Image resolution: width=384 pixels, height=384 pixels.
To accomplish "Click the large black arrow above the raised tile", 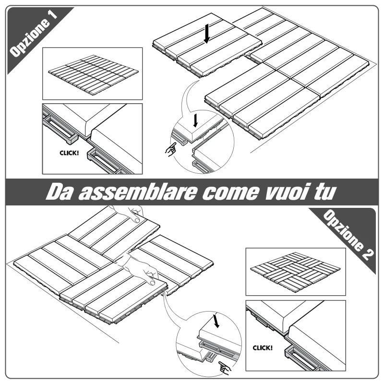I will click(x=207, y=34).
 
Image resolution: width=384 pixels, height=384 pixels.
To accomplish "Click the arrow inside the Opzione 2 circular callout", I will click(x=216, y=321).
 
